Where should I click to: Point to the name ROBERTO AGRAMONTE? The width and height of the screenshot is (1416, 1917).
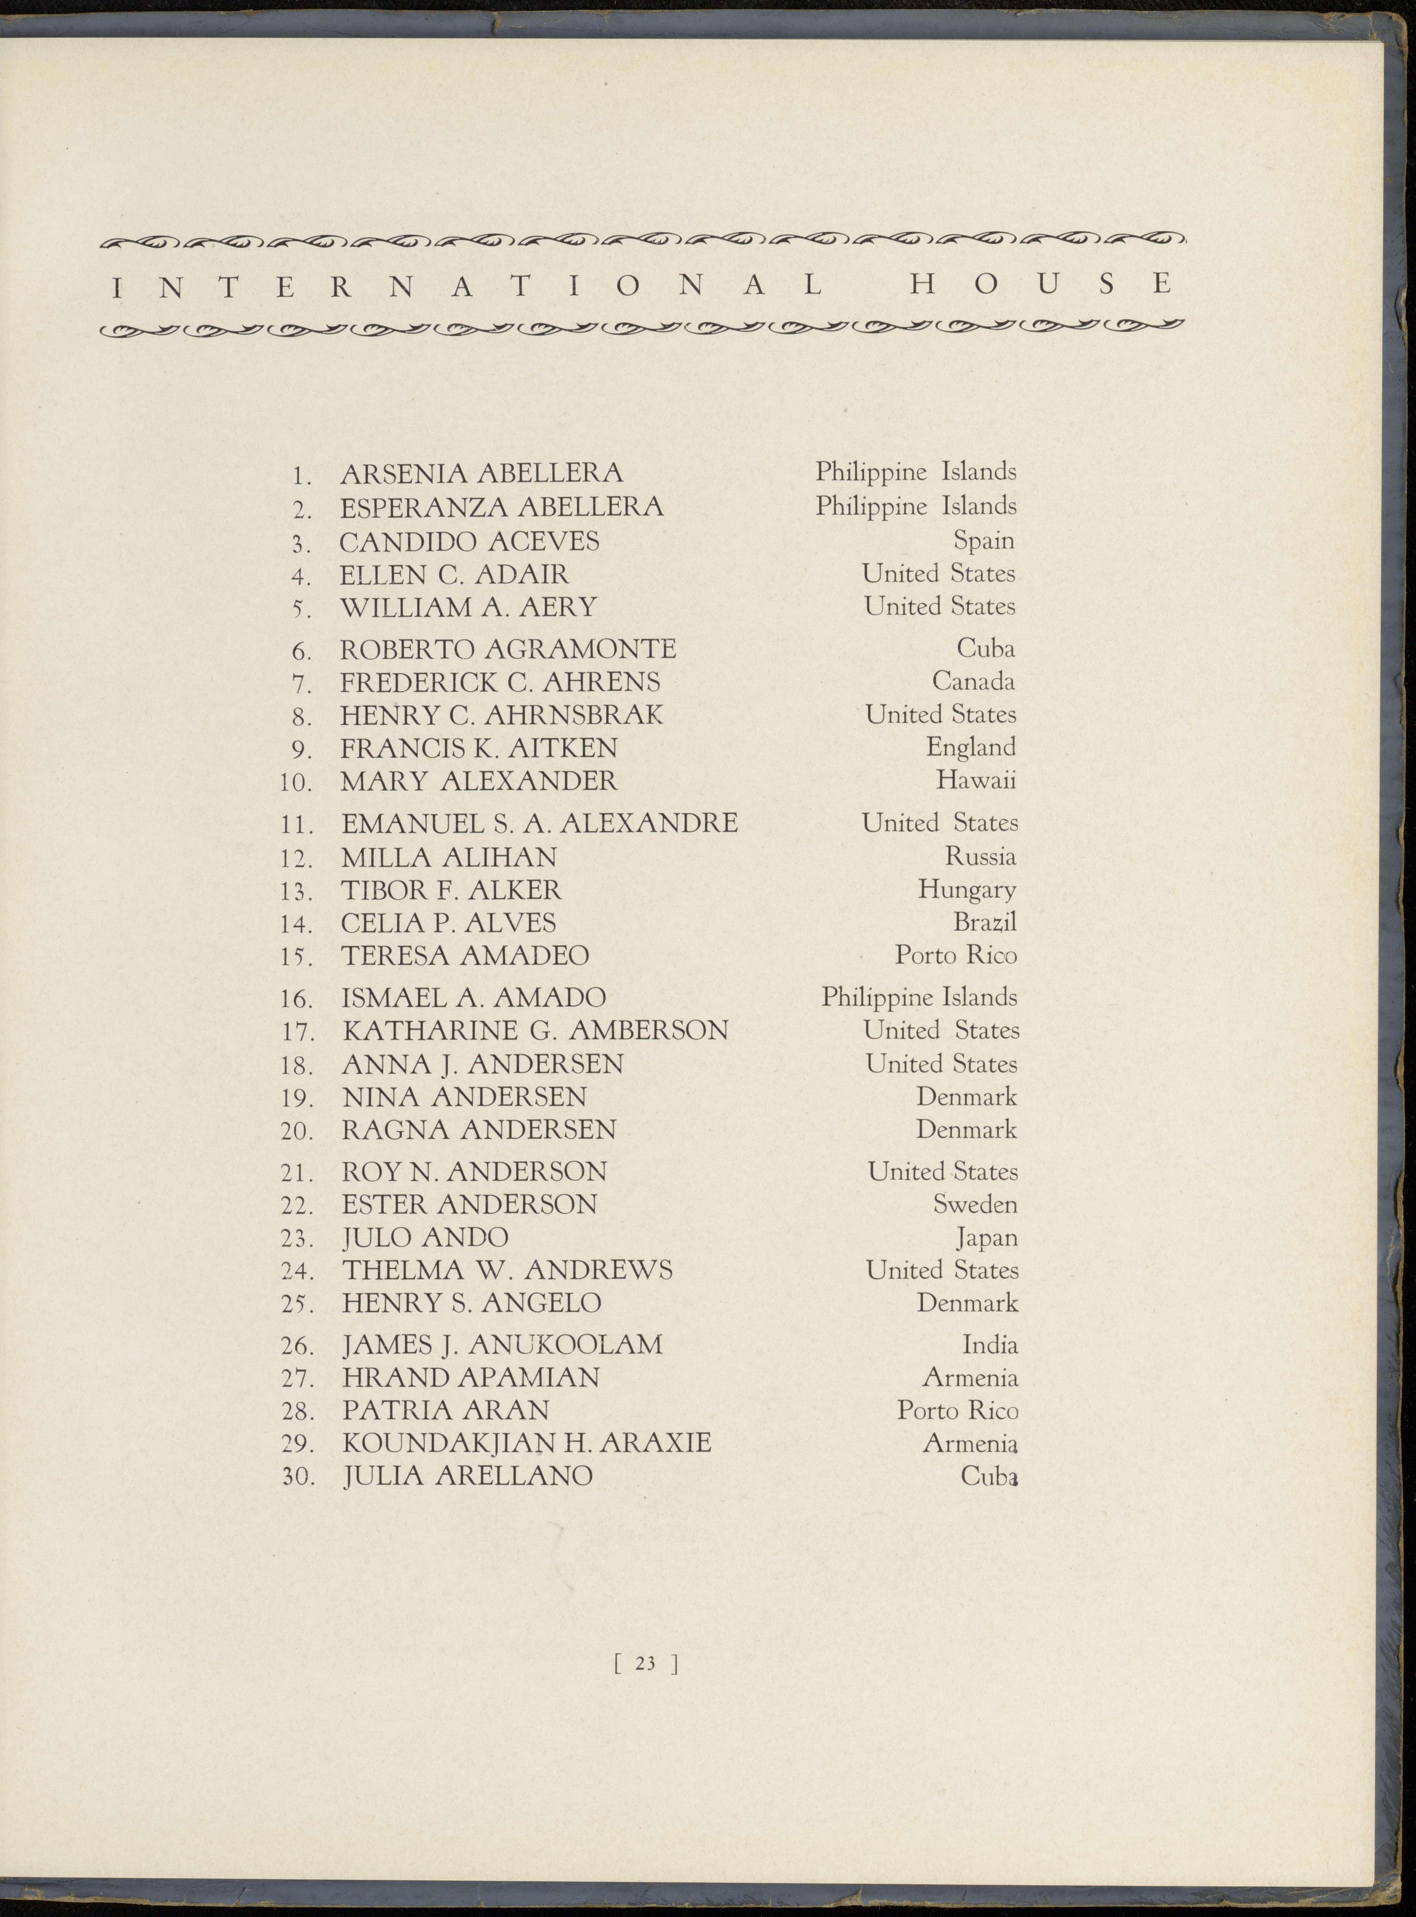pos(508,649)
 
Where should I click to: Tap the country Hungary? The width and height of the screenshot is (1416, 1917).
pos(967,889)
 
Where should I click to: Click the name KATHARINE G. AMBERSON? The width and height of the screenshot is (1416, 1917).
pos(535,1030)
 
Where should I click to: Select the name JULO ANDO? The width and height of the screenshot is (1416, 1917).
pos(425,1238)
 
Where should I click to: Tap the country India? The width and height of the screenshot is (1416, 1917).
pos(990,1345)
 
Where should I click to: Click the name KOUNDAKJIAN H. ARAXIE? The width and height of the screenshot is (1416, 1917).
pos(526,1443)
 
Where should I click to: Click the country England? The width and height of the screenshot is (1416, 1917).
pos(970,747)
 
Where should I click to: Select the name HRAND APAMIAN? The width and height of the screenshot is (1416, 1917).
pos(471,1377)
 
